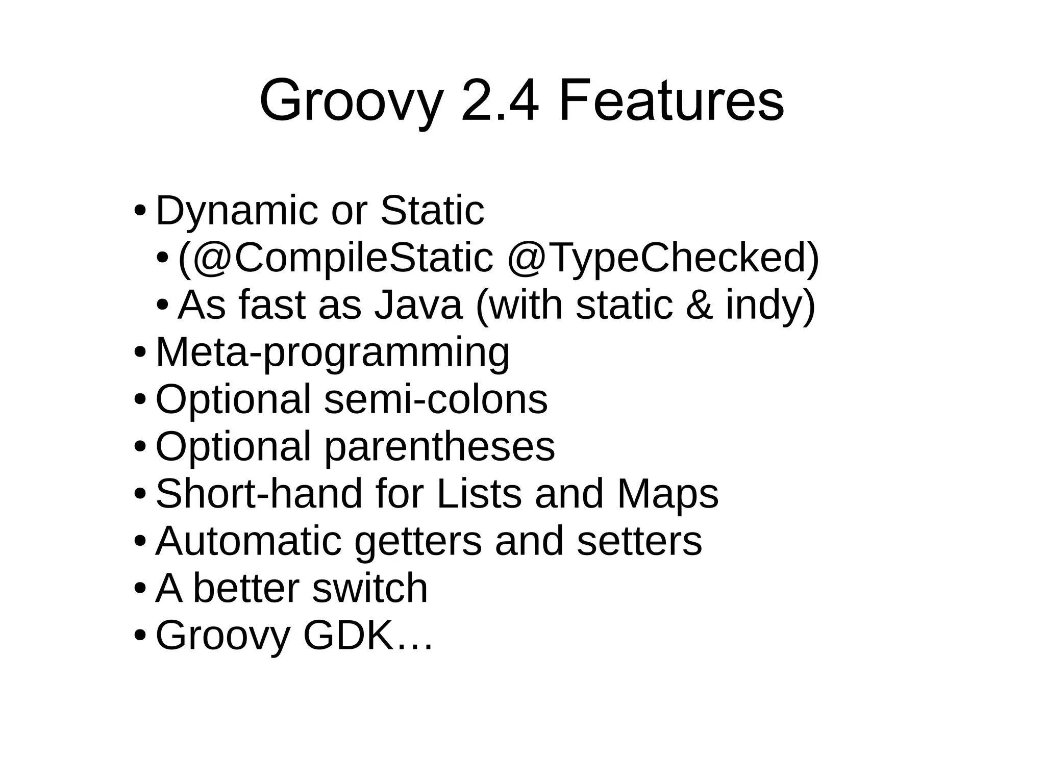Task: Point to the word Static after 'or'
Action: click(x=432, y=210)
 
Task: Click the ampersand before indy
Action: click(x=699, y=305)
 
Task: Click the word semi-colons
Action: click(x=436, y=399)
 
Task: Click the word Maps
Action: click(x=667, y=494)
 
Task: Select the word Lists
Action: click(x=479, y=494)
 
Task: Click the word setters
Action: click(x=639, y=541)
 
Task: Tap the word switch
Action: click(x=370, y=588)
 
